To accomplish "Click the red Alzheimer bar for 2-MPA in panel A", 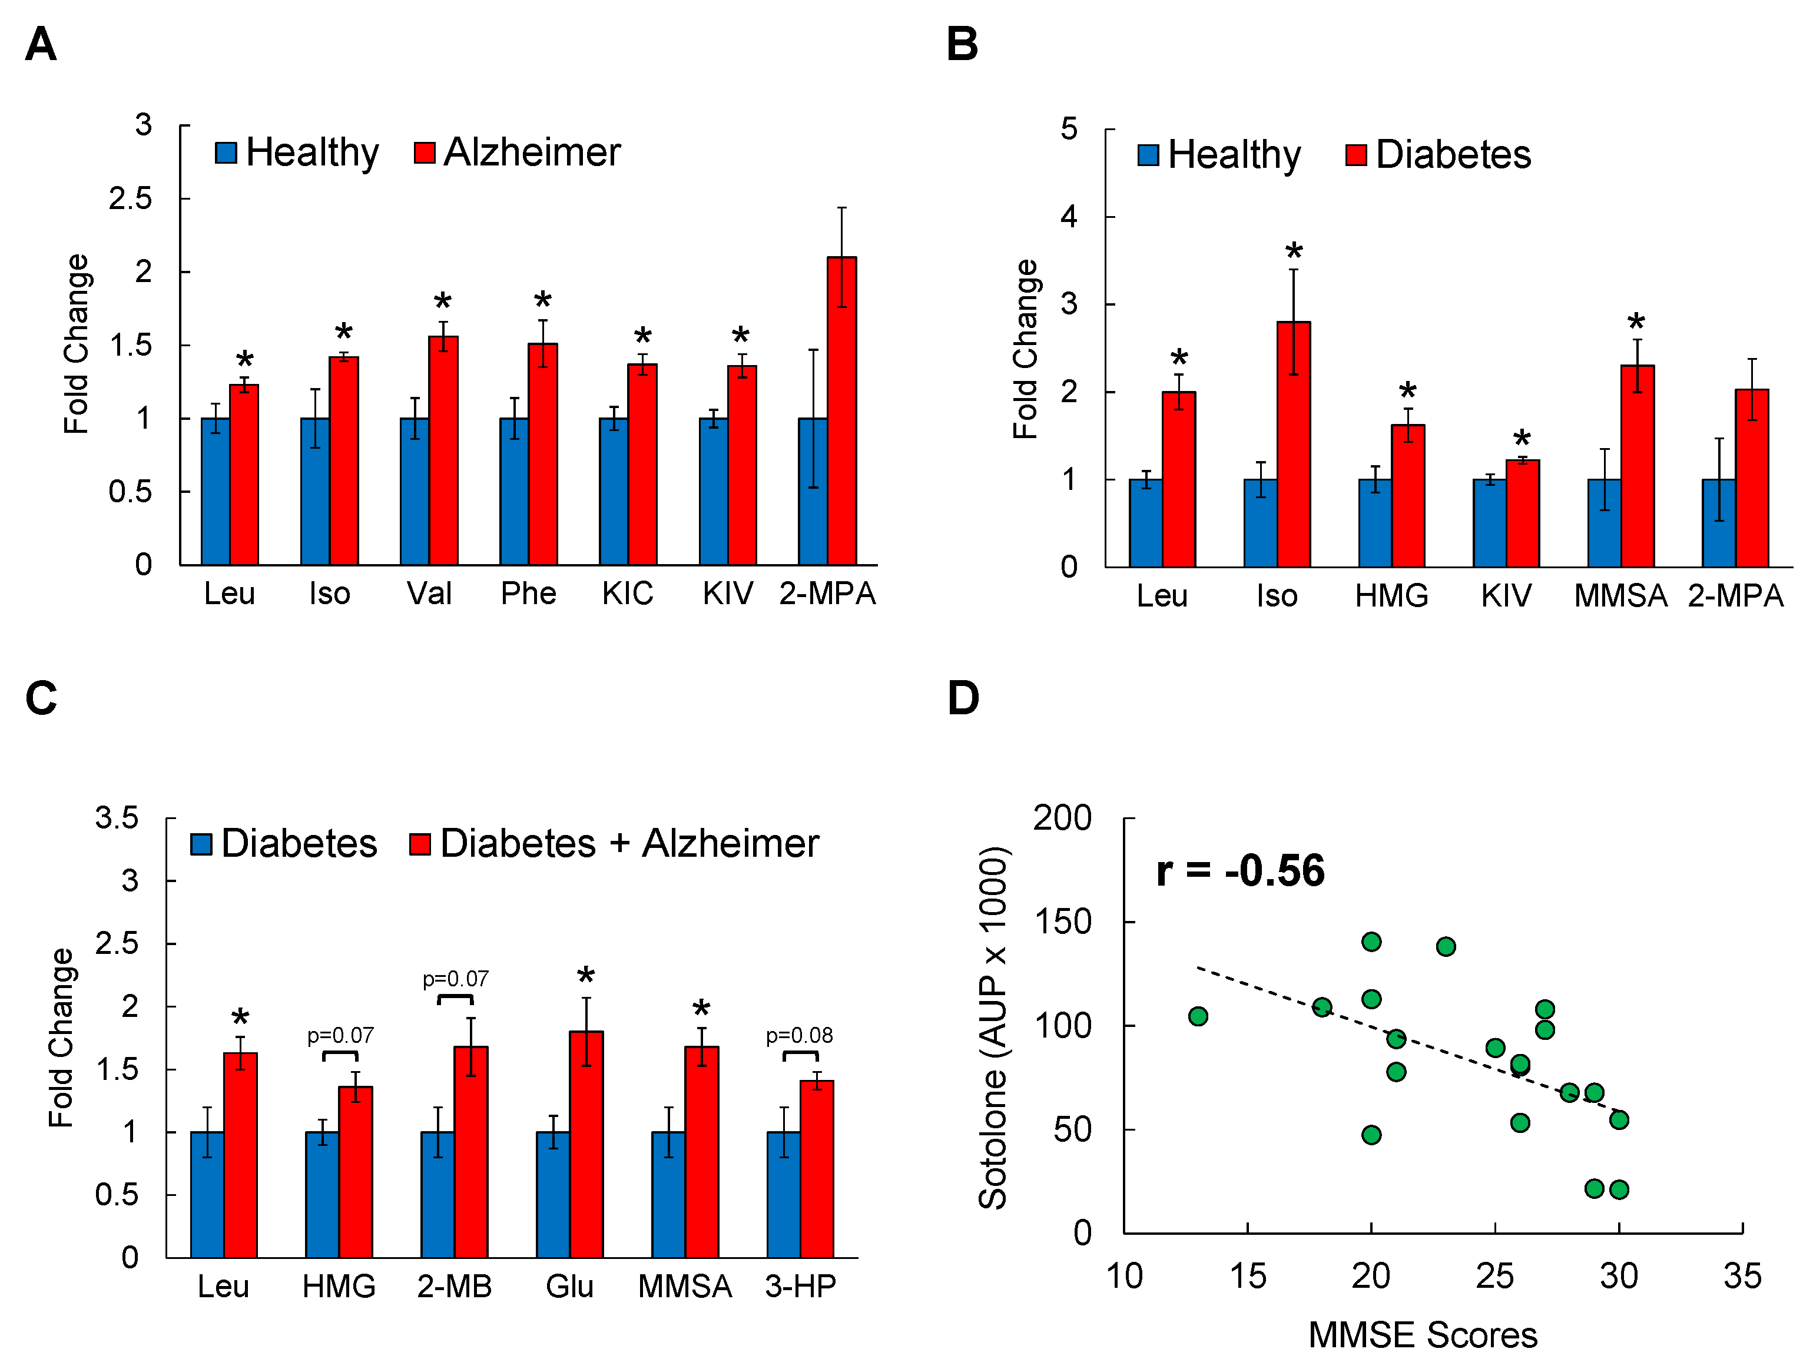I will tap(842, 410).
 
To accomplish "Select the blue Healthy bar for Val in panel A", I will tap(415, 491).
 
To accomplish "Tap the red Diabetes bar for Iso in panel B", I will tap(1294, 443).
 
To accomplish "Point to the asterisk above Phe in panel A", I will tap(542, 300).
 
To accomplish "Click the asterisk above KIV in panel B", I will tap(1522, 439).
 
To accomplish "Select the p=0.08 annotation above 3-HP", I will tap(799, 1035).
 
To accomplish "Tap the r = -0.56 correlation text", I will tap(1240, 870).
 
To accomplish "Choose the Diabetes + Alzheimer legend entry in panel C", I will tap(615, 843).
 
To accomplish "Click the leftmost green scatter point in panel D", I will tap(1198, 1016).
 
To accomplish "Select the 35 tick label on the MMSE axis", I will tap(1742, 1276).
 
